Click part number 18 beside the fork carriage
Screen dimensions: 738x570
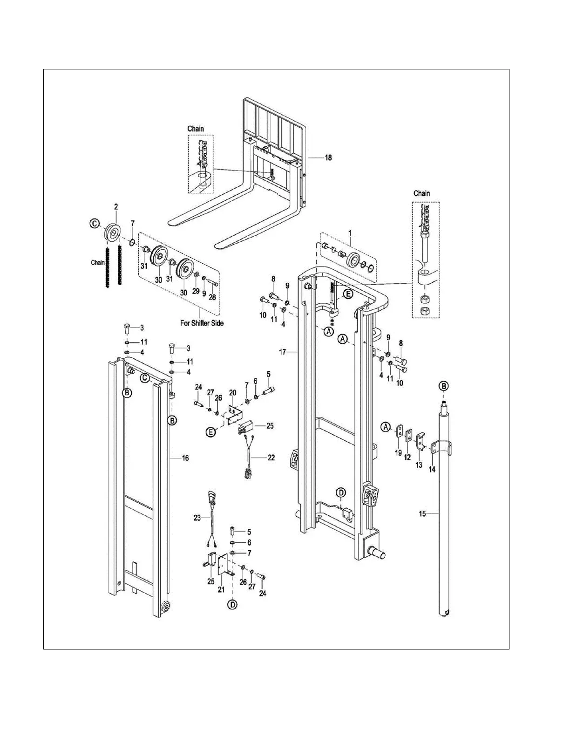[x=328, y=158]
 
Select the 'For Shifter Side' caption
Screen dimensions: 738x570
[x=201, y=322]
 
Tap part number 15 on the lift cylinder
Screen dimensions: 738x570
[x=422, y=514]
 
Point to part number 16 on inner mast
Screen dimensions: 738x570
[x=185, y=458]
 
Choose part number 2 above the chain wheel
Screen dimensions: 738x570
[x=116, y=206]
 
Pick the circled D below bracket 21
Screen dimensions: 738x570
[x=232, y=605]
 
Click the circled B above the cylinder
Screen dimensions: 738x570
[x=444, y=386]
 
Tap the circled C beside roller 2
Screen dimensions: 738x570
[x=95, y=224]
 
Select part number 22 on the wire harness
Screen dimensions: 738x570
[x=271, y=458]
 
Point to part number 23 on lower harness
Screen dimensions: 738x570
[x=197, y=517]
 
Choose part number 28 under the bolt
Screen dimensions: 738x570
[x=212, y=297]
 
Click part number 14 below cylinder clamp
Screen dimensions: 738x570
[x=432, y=470]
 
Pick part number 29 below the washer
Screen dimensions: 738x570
[x=196, y=291]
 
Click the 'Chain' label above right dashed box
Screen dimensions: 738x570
[x=421, y=193]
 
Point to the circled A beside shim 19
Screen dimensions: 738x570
[x=385, y=426]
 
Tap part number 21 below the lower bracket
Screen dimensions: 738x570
[x=221, y=589]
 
